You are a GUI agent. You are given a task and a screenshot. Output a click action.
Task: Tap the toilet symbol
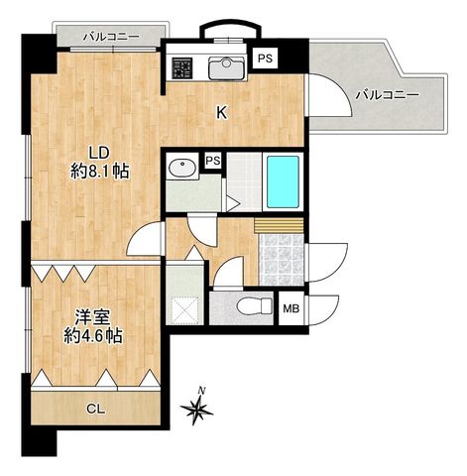[x=255, y=306]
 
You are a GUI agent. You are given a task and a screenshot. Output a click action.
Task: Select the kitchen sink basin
[x=227, y=67]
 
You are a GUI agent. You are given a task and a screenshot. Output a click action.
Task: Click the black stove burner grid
[x=181, y=67]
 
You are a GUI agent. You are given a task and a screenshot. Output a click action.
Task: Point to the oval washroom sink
[x=181, y=168]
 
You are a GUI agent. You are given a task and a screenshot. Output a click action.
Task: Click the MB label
[x=292, y=309]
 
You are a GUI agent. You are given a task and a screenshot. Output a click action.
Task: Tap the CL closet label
[x=96, y=410]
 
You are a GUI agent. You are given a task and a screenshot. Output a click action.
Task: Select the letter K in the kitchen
[x=221, y=113]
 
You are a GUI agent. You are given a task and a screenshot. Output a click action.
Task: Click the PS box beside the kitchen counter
[x=265, y=59]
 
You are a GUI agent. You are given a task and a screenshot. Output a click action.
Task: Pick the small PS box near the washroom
[x=213, y=161]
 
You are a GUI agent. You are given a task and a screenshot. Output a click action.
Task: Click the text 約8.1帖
[x=99, y=172]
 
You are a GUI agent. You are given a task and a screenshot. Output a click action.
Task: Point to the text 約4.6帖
[x=93, y=336]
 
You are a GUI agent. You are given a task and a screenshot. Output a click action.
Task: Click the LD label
[x=98, y=154]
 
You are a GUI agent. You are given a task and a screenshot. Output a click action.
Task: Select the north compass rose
[x=197, y=409]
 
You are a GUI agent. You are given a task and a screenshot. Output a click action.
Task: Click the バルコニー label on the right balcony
[x=387, y=95]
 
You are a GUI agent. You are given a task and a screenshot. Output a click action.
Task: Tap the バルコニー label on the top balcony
[x=111, y=36]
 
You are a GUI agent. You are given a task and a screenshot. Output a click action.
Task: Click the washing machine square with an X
[x=184, y=309]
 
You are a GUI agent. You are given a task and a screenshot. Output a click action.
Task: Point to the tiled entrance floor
[x=282, y=260]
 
